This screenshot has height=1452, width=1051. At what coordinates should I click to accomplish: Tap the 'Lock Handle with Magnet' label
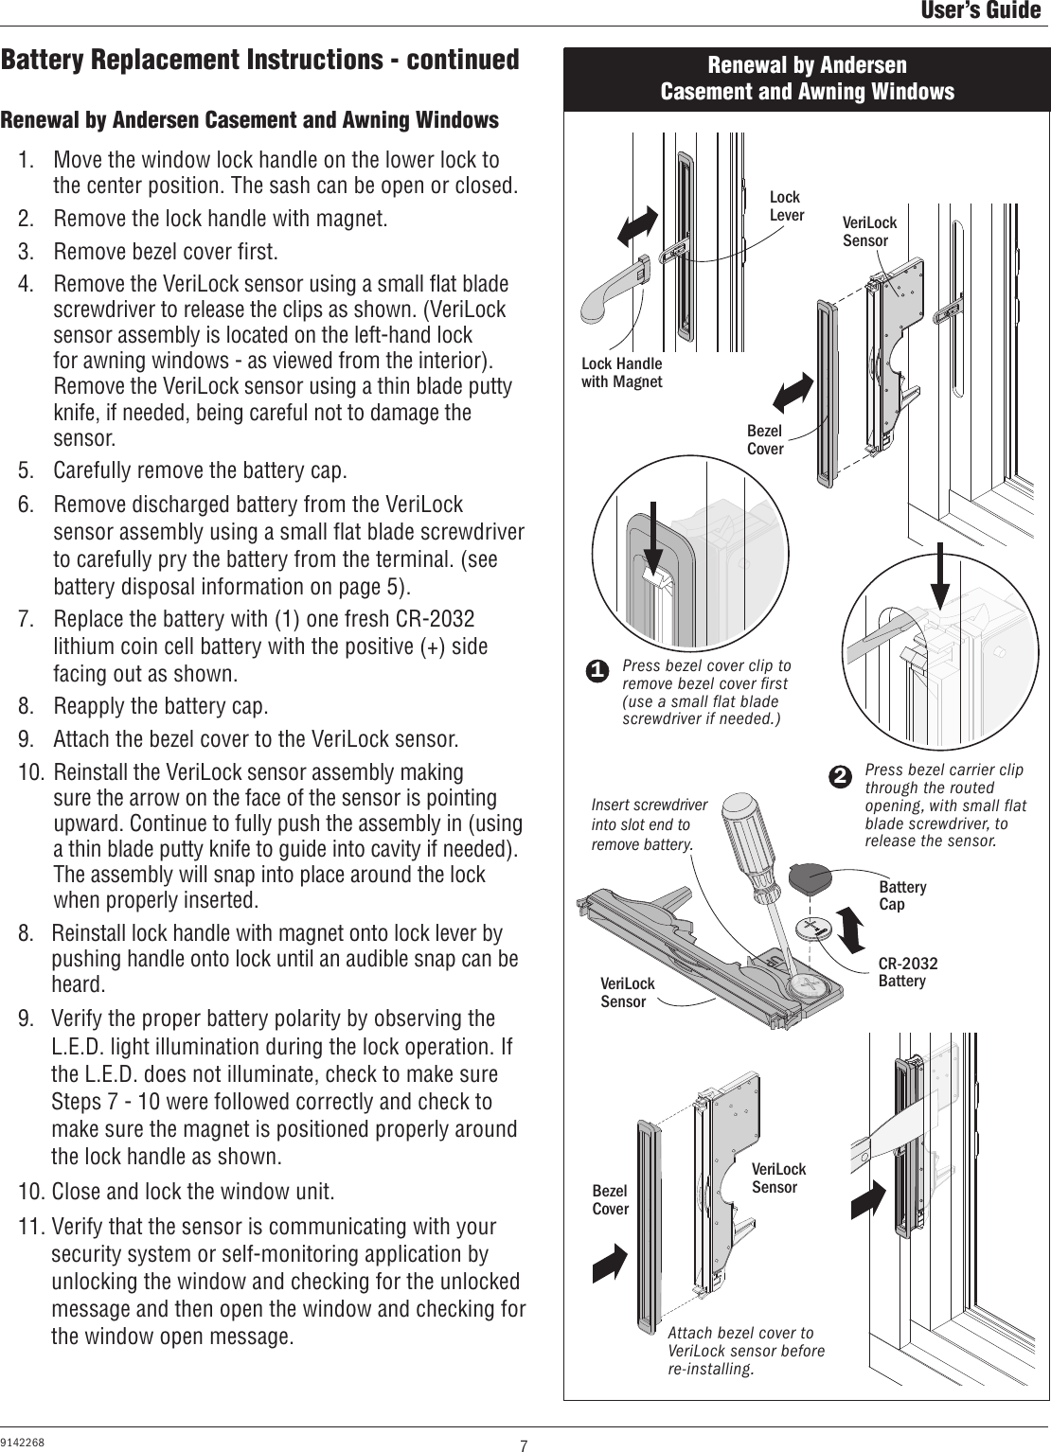point(621,373)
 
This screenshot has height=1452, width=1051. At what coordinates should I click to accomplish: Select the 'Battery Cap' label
point(902,895)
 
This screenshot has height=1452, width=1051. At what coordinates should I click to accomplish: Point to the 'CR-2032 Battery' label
point(907,972)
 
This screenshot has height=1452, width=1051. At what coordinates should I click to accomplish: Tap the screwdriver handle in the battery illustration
point(750,837)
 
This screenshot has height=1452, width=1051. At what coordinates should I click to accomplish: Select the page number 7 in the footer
point(523,1444)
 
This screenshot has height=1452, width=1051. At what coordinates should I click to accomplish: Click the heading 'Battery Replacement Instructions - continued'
point(259,61)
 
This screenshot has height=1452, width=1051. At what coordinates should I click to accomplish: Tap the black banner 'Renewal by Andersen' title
point(807,79)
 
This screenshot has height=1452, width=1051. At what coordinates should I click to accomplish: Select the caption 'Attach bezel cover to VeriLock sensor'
point(746,1352)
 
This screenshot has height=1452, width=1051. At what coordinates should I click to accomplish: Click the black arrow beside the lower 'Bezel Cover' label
point(610,1262)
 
